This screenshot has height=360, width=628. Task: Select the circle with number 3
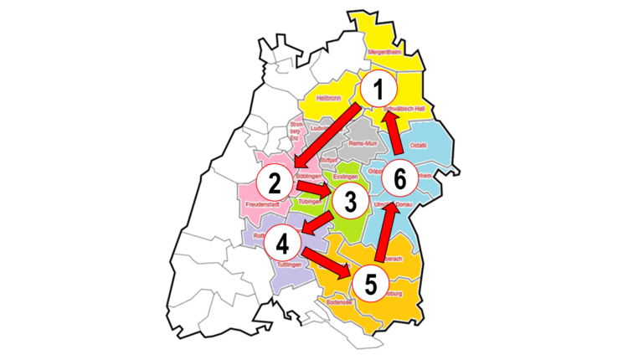[x=351, y=202]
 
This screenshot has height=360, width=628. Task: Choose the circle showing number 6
[x=399, y=178]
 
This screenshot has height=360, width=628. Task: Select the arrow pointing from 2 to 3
[x=314, y=188]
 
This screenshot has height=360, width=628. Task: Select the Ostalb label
[x=419, y=145]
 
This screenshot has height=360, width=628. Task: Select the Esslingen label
[x=345, y=177]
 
